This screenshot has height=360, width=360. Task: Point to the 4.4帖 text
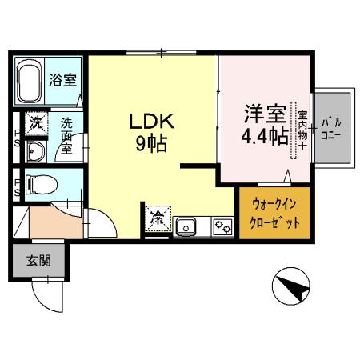point(264,136)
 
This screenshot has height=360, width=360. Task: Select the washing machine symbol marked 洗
point(35,124)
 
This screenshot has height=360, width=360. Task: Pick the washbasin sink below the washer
point(35,152)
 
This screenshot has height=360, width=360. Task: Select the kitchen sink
point(187,227)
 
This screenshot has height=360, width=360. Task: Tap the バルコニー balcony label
point(332,129)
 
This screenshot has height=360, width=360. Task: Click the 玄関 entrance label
point(39,260)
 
